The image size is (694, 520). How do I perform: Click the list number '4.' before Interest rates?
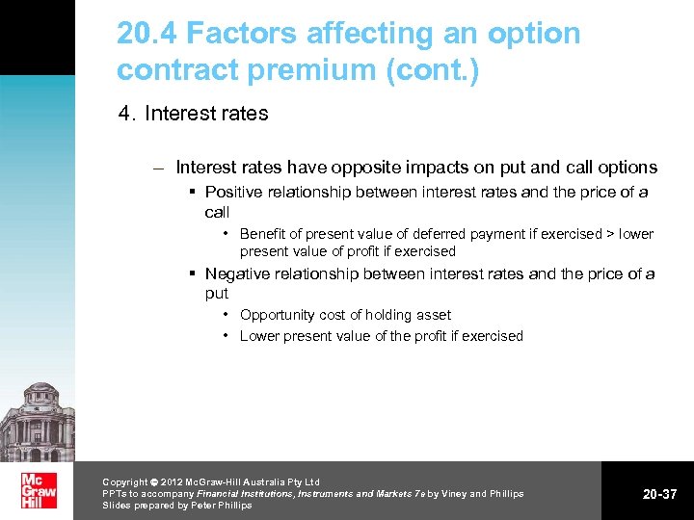126,114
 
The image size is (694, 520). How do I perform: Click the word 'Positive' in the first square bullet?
236,192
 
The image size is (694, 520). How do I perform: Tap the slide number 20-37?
660,494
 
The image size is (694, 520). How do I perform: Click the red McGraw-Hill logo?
38,490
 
